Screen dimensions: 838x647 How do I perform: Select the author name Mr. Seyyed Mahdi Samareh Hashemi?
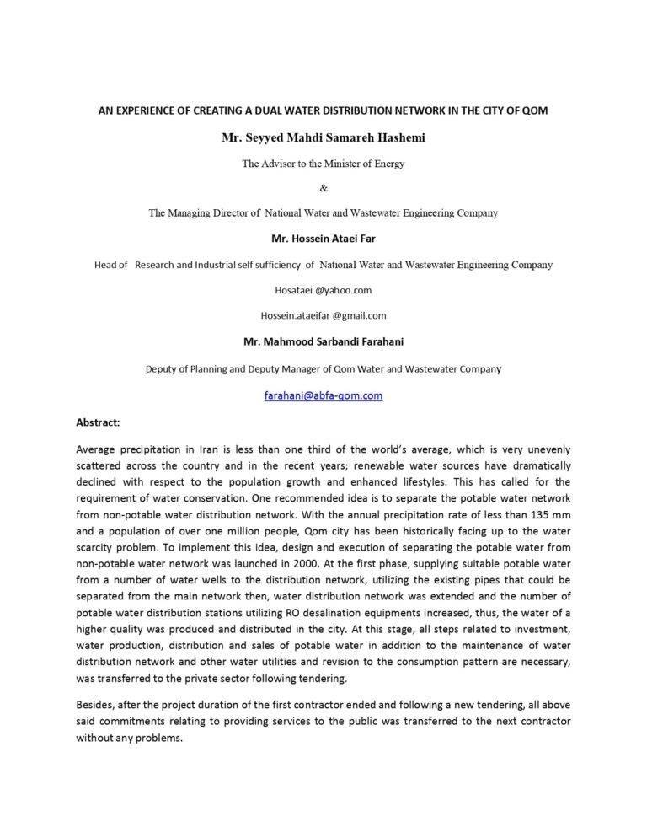[323, 137]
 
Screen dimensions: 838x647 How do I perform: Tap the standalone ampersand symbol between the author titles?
[323, 188]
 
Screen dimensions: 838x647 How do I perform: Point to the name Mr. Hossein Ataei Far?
[323, 239]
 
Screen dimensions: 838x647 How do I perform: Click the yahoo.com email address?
[323, 290]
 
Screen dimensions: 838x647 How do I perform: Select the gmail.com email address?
[323, 315]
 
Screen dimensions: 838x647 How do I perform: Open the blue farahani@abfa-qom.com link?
[323, 395]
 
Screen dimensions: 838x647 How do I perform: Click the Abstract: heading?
[98, 421]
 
